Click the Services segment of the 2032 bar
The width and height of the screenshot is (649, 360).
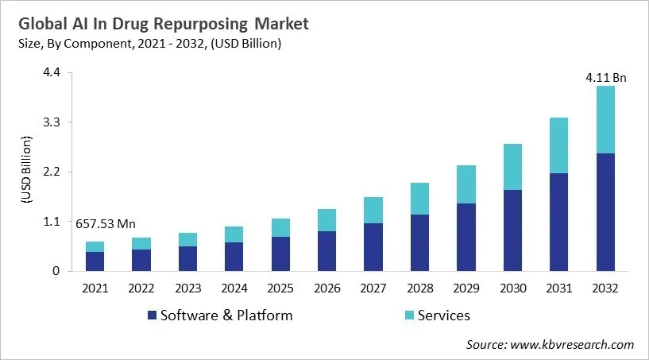point(605,119)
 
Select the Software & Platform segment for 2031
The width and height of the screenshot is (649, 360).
point(559,222)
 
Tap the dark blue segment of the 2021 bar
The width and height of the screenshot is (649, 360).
point(95,261)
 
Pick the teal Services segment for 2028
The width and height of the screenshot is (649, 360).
point(419,199)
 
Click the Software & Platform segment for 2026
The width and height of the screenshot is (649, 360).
point(326,251)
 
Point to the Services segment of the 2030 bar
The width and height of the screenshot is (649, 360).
point(512,167)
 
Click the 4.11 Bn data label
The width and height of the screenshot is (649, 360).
point(606,78)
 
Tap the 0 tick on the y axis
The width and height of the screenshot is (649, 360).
point(56,271)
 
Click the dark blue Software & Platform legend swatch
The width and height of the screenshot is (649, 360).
point(151,315)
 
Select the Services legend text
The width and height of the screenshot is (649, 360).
point(443,315)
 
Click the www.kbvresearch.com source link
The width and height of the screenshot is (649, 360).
point(572,344)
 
